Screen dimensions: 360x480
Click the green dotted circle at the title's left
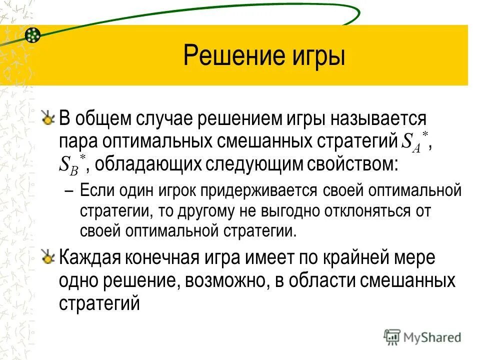(32, 34)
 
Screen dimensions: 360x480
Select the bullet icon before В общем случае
(47, 119)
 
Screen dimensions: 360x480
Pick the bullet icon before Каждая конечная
(47, 258)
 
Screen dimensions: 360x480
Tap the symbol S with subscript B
(68, 165)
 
